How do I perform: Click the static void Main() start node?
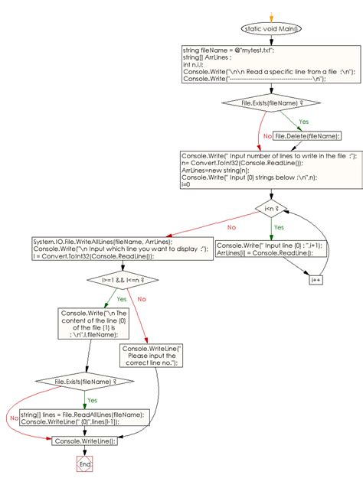(271, 28)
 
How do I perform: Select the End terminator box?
(84, 463)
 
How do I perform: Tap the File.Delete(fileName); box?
(307, 135)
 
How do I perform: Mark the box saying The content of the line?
(88, 323)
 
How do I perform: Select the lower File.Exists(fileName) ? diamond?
(84, 380)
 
